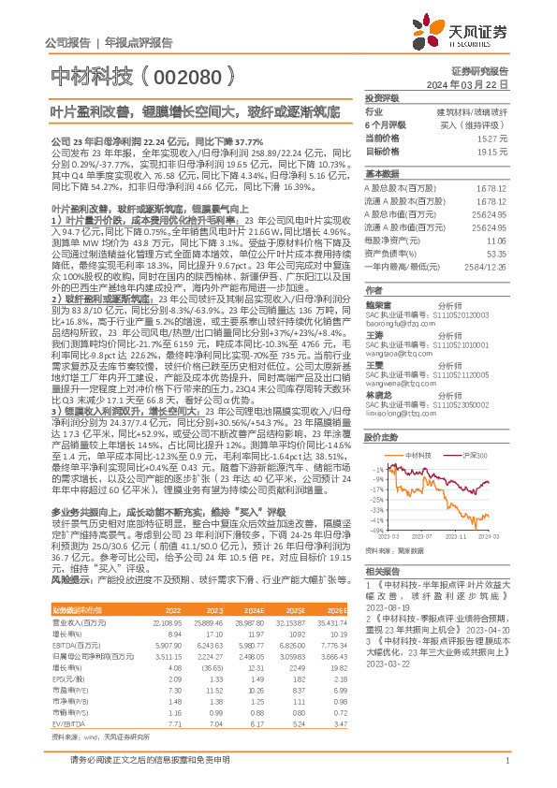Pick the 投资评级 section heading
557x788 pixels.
382,97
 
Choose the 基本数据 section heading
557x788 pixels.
382,174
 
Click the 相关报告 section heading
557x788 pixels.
382,571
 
